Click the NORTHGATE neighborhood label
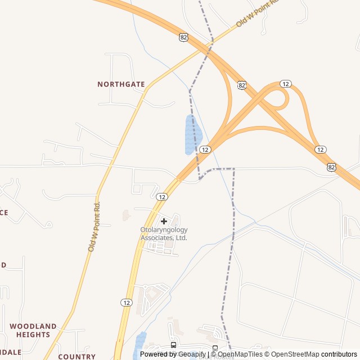coord(121,84)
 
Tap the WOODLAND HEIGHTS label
coord(33,330)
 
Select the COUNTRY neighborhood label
coord(77,357)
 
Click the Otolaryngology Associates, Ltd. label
coord(164,233)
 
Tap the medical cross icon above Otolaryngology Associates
coord(164,221)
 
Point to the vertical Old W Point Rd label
coord(94,226)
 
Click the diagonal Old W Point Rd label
coord(257,14)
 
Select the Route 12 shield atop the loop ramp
coord(286,84)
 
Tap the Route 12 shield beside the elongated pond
coord(205,150)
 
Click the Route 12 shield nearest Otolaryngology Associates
coord(162,197)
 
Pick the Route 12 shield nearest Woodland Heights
coord(126,303)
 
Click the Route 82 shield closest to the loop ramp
coord(241,85)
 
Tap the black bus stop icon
coord(173,345)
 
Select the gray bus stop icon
coord(215,348)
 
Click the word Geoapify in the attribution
coord(192,354)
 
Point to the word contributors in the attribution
coord(339,354)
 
